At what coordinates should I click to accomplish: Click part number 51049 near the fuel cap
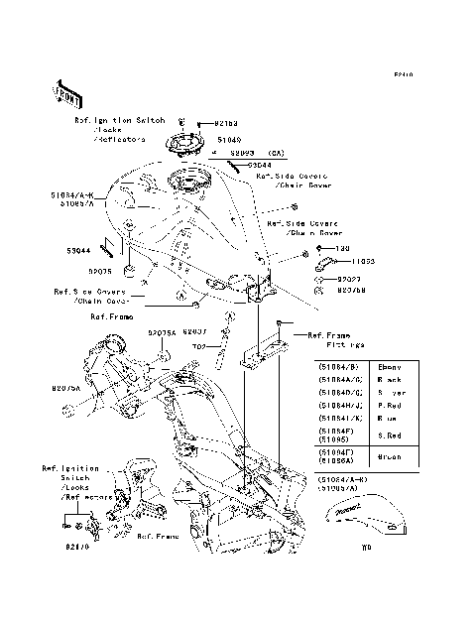pyautogui.click(x=228, y=141)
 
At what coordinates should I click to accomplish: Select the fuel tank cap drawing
pyautogui.click(x=187, y=146)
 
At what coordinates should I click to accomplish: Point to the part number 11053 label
pyautogui.click(x=365, y=261)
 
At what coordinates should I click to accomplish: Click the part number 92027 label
pyautogui.click(x=350, y=280)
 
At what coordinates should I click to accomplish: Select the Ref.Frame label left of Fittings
pyautogui.click(x=328, y=335)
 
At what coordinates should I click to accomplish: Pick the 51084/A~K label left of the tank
pyautogui.click(x=66, y=195)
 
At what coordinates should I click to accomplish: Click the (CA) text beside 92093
pyautogui.click(x=275, y=154)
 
